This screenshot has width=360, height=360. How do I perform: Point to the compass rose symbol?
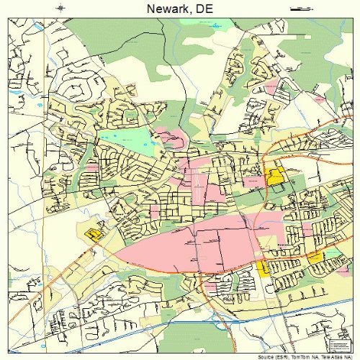tap(62, 9)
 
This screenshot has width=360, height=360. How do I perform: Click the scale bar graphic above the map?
tap(297, 9)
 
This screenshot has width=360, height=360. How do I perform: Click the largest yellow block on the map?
tap(274, 176)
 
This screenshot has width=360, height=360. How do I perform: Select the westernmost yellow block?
tap(92, 233)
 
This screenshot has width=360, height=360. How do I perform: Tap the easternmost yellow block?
tap(315, 257)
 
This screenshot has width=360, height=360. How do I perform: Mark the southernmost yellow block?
tap(263, 268)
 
